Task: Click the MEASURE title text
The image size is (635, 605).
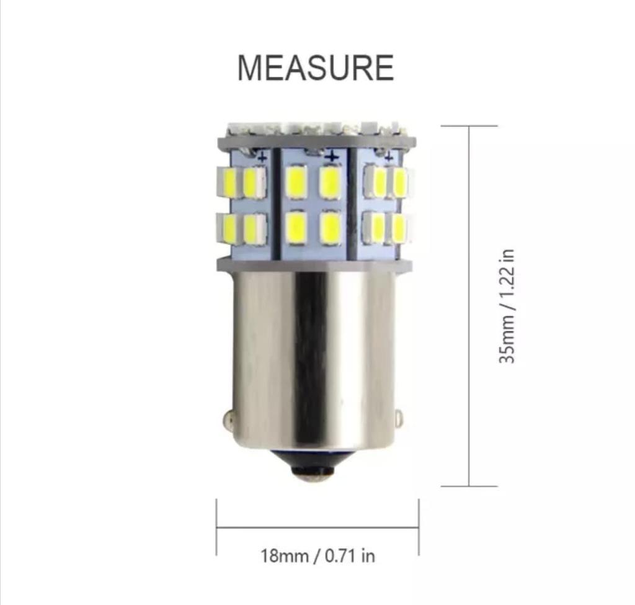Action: (x=315, y=68)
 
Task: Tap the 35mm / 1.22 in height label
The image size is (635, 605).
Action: (x=508, y=307)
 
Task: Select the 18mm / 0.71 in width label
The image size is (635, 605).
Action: (x=317, y=555)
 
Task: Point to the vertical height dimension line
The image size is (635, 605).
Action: (x=469, y=307)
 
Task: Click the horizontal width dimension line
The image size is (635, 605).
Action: (x=317, y=528)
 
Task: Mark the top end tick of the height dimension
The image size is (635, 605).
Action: (x=469, y=126)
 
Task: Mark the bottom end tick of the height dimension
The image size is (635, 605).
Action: (x=469, y=486)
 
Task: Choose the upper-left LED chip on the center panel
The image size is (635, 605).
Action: (x=296, y=182)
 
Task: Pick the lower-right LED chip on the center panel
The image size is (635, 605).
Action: (x=330, y=228)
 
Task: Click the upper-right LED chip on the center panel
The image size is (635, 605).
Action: (x=330, y=182)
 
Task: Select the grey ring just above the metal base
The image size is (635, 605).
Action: (x=314, y=266)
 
